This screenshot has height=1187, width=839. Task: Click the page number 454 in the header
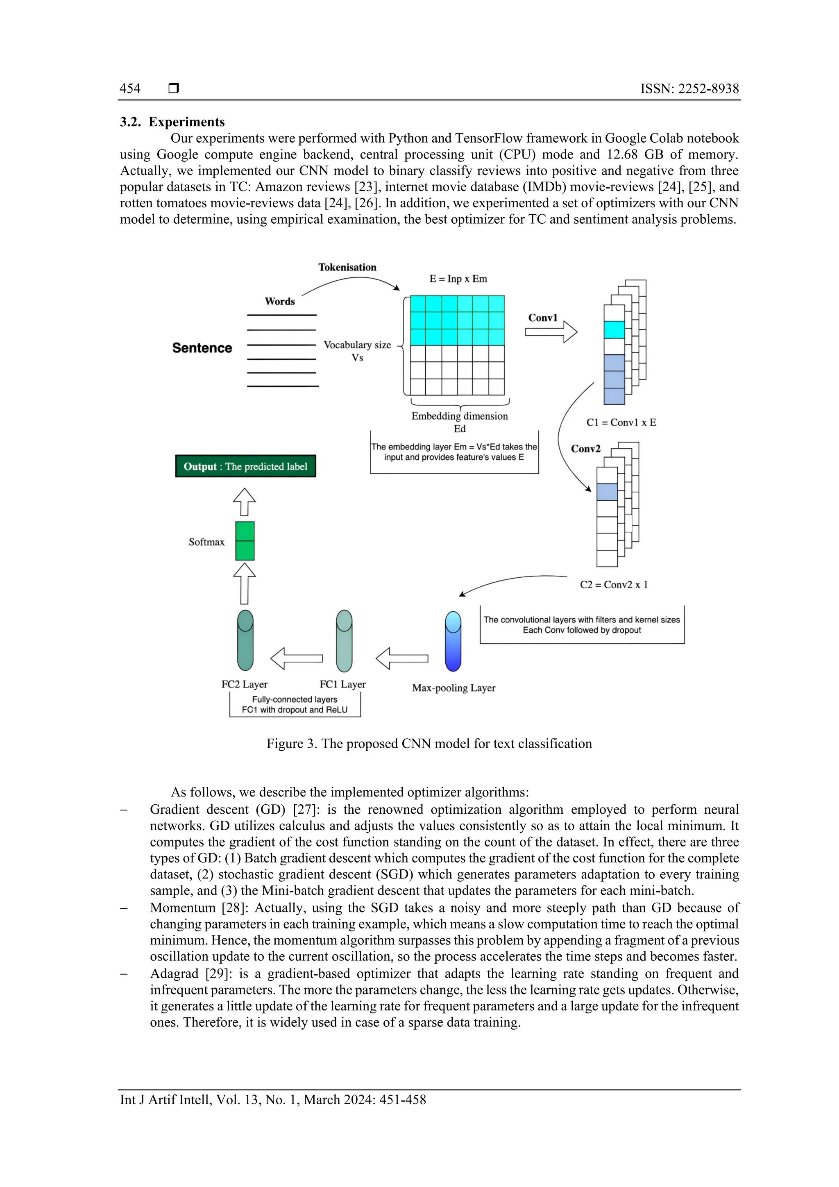click(130, 89)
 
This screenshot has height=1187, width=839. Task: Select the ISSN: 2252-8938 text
click(689, 89)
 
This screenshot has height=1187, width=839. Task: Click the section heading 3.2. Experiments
click(172, 122)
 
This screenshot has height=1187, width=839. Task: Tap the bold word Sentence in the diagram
click(202, 348)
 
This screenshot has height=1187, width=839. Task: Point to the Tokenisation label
click(347, 267)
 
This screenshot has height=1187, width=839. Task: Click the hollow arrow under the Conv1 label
click(551, 332)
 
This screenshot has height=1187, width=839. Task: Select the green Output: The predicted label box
click(245, 466)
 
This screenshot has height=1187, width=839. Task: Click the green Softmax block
click(245, 541)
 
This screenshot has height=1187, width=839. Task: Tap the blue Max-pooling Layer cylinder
click(453, 641)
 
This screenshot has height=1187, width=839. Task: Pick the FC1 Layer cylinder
click(344, 641)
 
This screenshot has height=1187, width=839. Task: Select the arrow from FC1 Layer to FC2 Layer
click(297, 658)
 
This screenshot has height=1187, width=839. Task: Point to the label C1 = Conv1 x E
click(621, 422)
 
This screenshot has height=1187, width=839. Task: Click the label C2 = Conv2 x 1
click(614, 585)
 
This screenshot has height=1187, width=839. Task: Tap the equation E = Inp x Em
click(458, 279)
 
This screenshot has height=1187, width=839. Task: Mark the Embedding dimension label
click(459, 416)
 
